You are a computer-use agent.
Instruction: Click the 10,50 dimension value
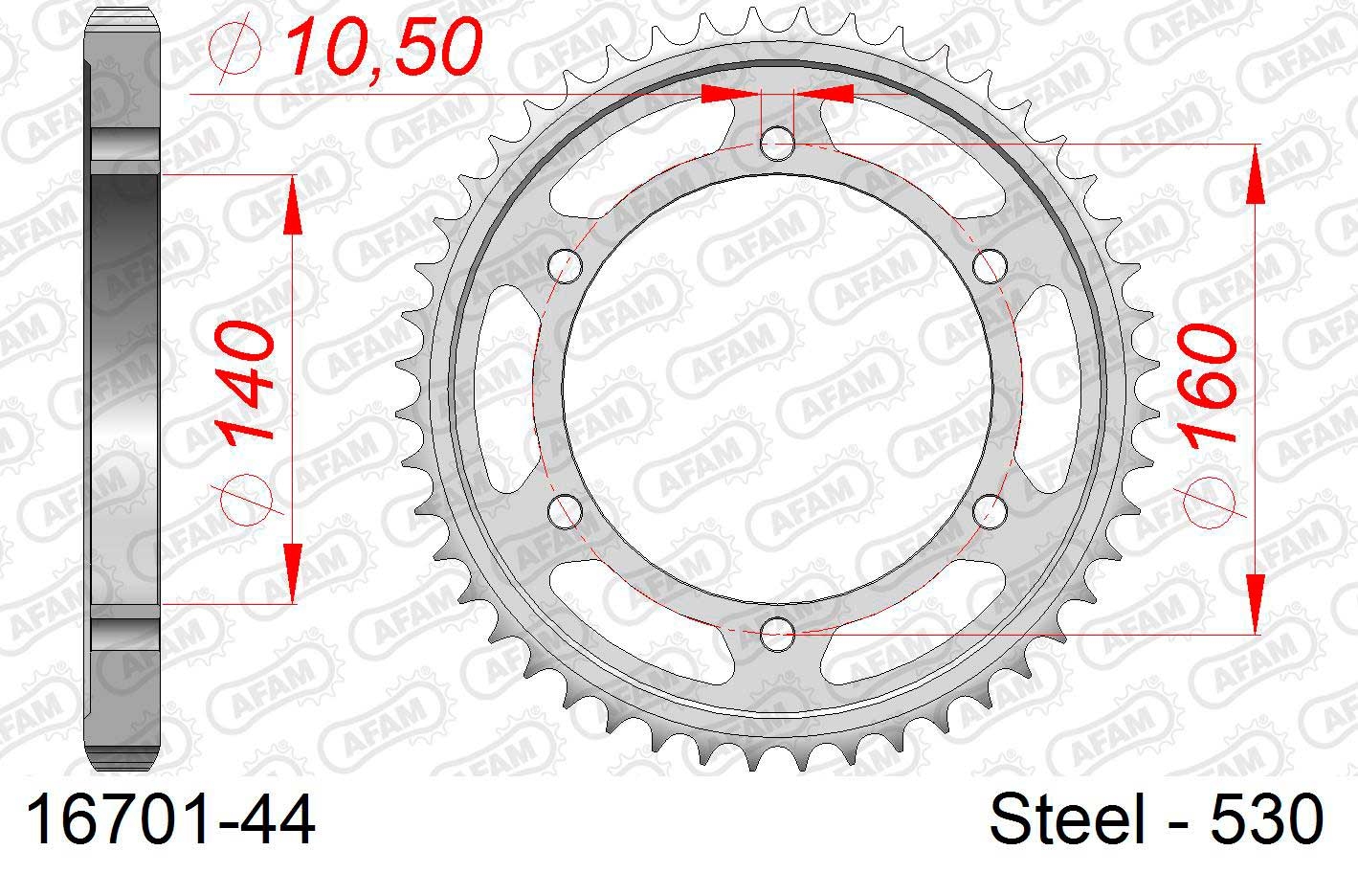[x=385, y=47]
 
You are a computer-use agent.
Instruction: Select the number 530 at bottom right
[x=1267, y=819]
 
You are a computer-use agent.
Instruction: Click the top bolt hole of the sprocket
[x=777, y=145]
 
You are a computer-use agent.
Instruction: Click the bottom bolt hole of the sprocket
[x=777, y=634]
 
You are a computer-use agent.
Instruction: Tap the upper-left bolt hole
[x=565, y=266]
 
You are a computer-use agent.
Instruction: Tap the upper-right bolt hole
[x=990, y=266]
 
